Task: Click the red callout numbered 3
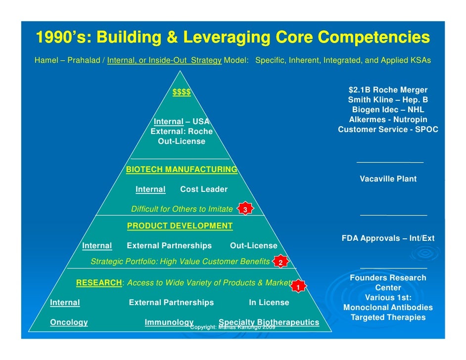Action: pos(245,210)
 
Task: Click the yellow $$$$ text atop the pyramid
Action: pos(182,92)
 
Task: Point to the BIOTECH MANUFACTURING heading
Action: pos(182,170)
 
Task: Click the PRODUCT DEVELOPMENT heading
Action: pos(180,226)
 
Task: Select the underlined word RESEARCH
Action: pos(99,283)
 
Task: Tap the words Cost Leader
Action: pos(204,189)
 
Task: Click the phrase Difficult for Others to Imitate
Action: pos(182,209)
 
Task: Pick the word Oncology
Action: pos(69,322)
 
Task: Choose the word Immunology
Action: pos(169,322)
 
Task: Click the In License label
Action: pos(269,303)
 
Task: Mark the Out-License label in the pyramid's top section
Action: pos(182,141)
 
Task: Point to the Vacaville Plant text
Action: pos(388,179)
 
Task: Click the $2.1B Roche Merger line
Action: pos(388,90)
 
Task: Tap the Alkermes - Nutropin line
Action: pos(388,120)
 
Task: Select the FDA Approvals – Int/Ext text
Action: pos(388,238)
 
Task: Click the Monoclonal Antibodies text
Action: pos(388,308)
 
